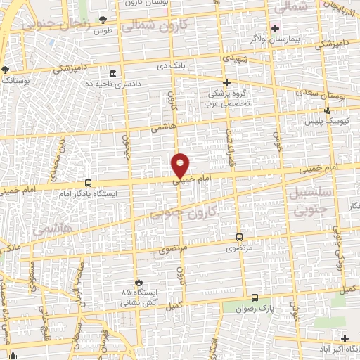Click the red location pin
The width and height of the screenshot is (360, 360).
(x=181, y=165)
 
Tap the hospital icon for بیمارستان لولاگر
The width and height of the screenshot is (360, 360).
(x=275, y=29)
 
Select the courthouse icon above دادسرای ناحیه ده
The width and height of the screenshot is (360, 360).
(x=113, y=74)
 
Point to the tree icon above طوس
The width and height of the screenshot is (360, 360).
(x=104, y=19)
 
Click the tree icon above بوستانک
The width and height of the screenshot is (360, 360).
(x=5, y=70)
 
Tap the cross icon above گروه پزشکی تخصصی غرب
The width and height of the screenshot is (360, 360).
(x=226, y=82)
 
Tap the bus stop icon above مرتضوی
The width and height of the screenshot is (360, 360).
(x=240, y=237)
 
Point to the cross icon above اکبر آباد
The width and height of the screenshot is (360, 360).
(x=344, y=338)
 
